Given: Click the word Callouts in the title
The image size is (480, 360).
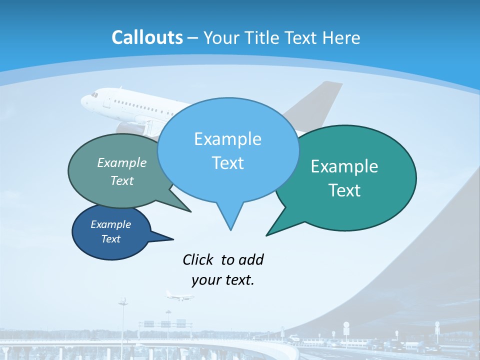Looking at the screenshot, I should click(x=147, y=37).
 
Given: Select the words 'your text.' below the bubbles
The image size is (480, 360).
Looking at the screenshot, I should click(x=223, y=280).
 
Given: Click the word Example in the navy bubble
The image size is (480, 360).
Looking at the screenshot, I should click(x=110, y=224).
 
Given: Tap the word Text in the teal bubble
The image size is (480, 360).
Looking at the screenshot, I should click(x=344, y=190).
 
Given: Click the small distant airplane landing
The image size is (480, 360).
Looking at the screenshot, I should click(x=178, y=296).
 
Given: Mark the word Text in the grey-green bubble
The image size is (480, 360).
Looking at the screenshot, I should click(x=122, y=181).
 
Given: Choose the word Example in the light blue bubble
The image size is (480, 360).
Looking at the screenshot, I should click(x=227, y=139).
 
